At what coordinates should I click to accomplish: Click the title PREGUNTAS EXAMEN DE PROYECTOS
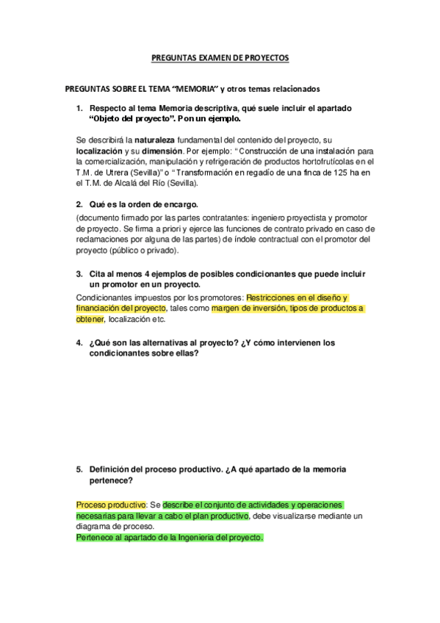220,57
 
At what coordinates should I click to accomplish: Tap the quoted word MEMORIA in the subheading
192,89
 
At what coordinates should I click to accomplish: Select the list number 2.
79,204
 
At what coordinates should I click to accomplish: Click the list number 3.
79,273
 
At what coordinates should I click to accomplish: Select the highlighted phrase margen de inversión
248,309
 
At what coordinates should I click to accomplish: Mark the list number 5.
79,469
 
